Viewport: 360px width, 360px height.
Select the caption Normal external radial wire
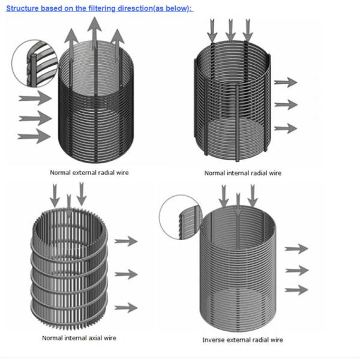[89, 173]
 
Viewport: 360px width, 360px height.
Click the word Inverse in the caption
[213, 340]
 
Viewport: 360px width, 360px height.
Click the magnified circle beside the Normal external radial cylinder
[34, 60]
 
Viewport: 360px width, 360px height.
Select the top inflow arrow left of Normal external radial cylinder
[35, 98]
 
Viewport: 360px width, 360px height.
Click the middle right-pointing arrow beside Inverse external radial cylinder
[296, 270]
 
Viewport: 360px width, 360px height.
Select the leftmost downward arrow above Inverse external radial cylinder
[224, 197]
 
